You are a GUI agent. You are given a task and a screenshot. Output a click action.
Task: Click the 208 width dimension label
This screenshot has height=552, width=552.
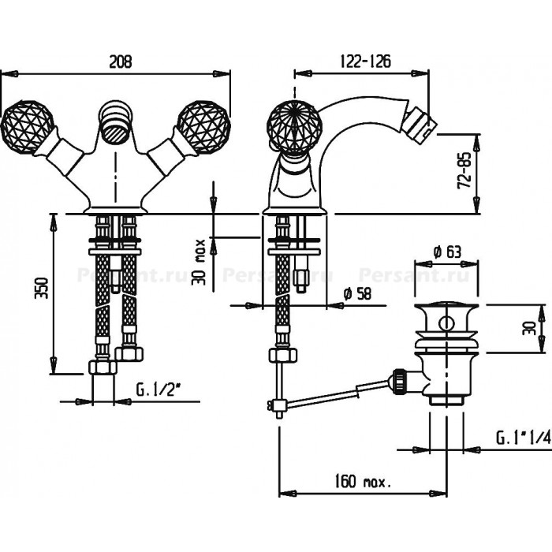[121, 62]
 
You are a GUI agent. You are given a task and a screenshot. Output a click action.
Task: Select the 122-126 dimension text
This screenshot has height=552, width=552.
[365, 62]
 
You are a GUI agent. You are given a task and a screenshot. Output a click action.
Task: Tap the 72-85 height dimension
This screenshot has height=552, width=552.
[464, 170]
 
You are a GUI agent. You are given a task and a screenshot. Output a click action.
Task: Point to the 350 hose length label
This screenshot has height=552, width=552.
[41, 288]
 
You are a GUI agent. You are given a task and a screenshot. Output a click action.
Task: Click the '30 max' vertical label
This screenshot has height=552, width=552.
[199, 262]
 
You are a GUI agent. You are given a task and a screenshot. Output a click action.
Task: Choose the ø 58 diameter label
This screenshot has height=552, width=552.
[357, 293]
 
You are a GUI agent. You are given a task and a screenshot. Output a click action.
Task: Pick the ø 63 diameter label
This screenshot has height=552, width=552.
[447, 252]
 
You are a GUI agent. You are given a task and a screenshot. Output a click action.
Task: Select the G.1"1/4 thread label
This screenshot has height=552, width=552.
[524, 438]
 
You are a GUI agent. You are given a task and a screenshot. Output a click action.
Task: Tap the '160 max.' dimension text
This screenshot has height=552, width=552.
[363, 481]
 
